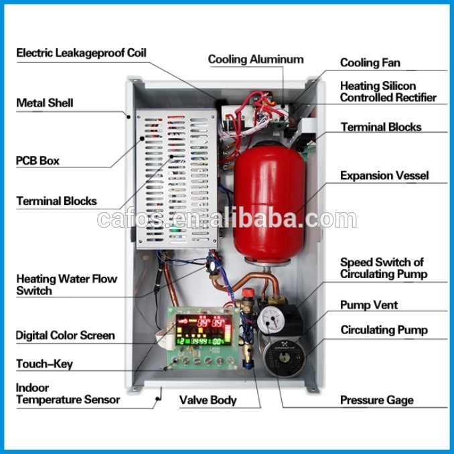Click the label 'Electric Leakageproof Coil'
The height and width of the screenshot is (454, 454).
pyautogui.click(x=81, y=52)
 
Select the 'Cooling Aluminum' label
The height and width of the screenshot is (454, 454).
pyautogui.click(x=256, y=59)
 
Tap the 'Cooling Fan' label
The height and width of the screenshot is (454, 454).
pyautogui.click(x=370, y=62)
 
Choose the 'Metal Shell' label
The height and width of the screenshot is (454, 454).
pyautogui.click(x=45, y=103)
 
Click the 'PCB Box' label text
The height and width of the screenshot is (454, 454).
pyautogui.click(x=37, y=161)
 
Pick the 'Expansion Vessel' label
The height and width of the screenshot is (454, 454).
pyautogui.click(x=384, y=175)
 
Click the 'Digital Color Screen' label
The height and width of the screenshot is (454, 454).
pyautogui.click(x=65, y=335)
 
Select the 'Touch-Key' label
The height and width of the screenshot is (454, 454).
pyautogui.click(x=44, y=364)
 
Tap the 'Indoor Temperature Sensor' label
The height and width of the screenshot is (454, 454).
pyautogui.click(x=68, y=394)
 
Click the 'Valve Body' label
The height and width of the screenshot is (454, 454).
pyautogui.click(x=208, y=400)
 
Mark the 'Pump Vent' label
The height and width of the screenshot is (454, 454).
pyautogui.click(x=369, y=305)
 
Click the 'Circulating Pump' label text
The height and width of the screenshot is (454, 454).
pyautogui.click(x=384, y=330)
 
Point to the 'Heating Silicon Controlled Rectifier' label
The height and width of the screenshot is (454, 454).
pyautogui.click(x=388, y=92)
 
